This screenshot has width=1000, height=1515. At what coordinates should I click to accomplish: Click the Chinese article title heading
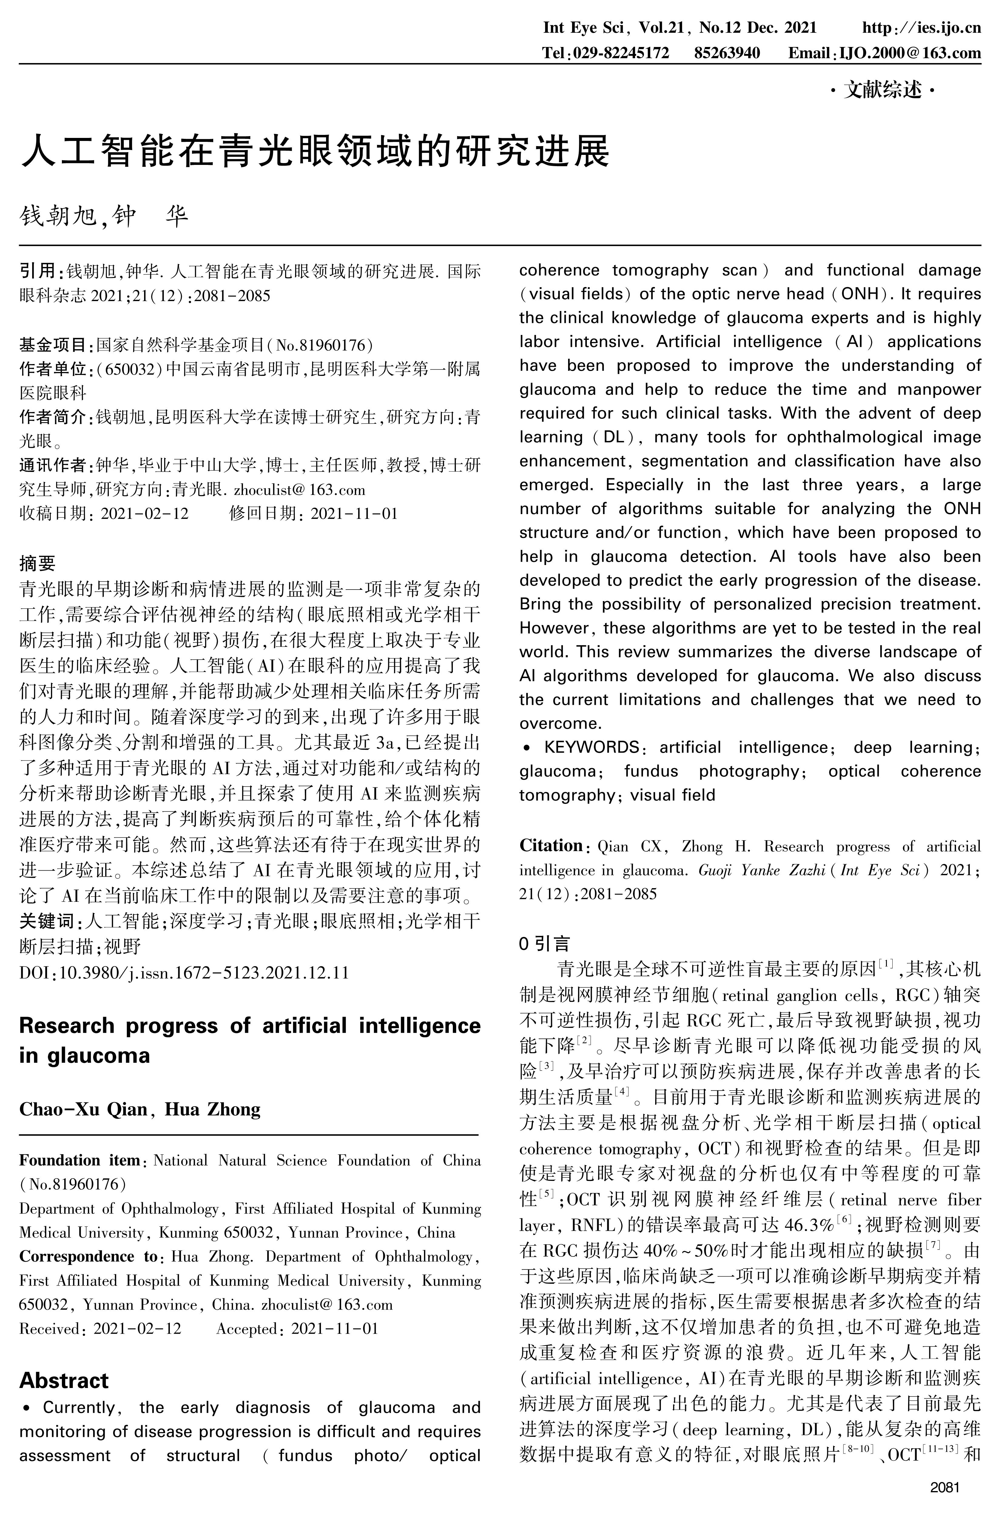[x=316, y=151]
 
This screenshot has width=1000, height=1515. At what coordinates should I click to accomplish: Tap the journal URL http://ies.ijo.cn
[x=921, y=27]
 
